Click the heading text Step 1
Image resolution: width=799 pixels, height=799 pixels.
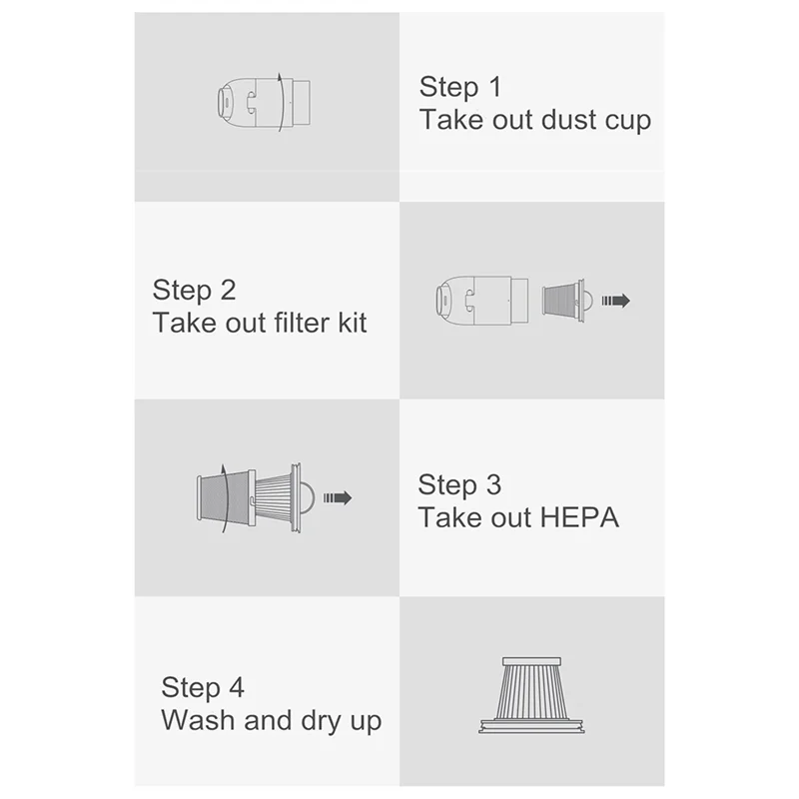[x=460, y=87]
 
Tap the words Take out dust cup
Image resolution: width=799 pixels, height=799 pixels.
[x=535, y=121]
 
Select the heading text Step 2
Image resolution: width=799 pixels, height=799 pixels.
[x=195, y=291]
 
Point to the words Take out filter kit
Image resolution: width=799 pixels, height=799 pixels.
[x=260, y=324]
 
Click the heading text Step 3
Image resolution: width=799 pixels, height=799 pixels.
[x=459, y=485]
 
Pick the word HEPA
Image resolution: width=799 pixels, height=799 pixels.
[x=579, y=518]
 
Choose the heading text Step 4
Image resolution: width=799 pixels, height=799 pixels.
[x=203, y=688]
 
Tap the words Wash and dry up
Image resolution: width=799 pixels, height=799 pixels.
[x=272, y=721]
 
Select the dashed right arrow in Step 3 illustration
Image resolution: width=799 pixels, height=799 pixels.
[x=337, y=497]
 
